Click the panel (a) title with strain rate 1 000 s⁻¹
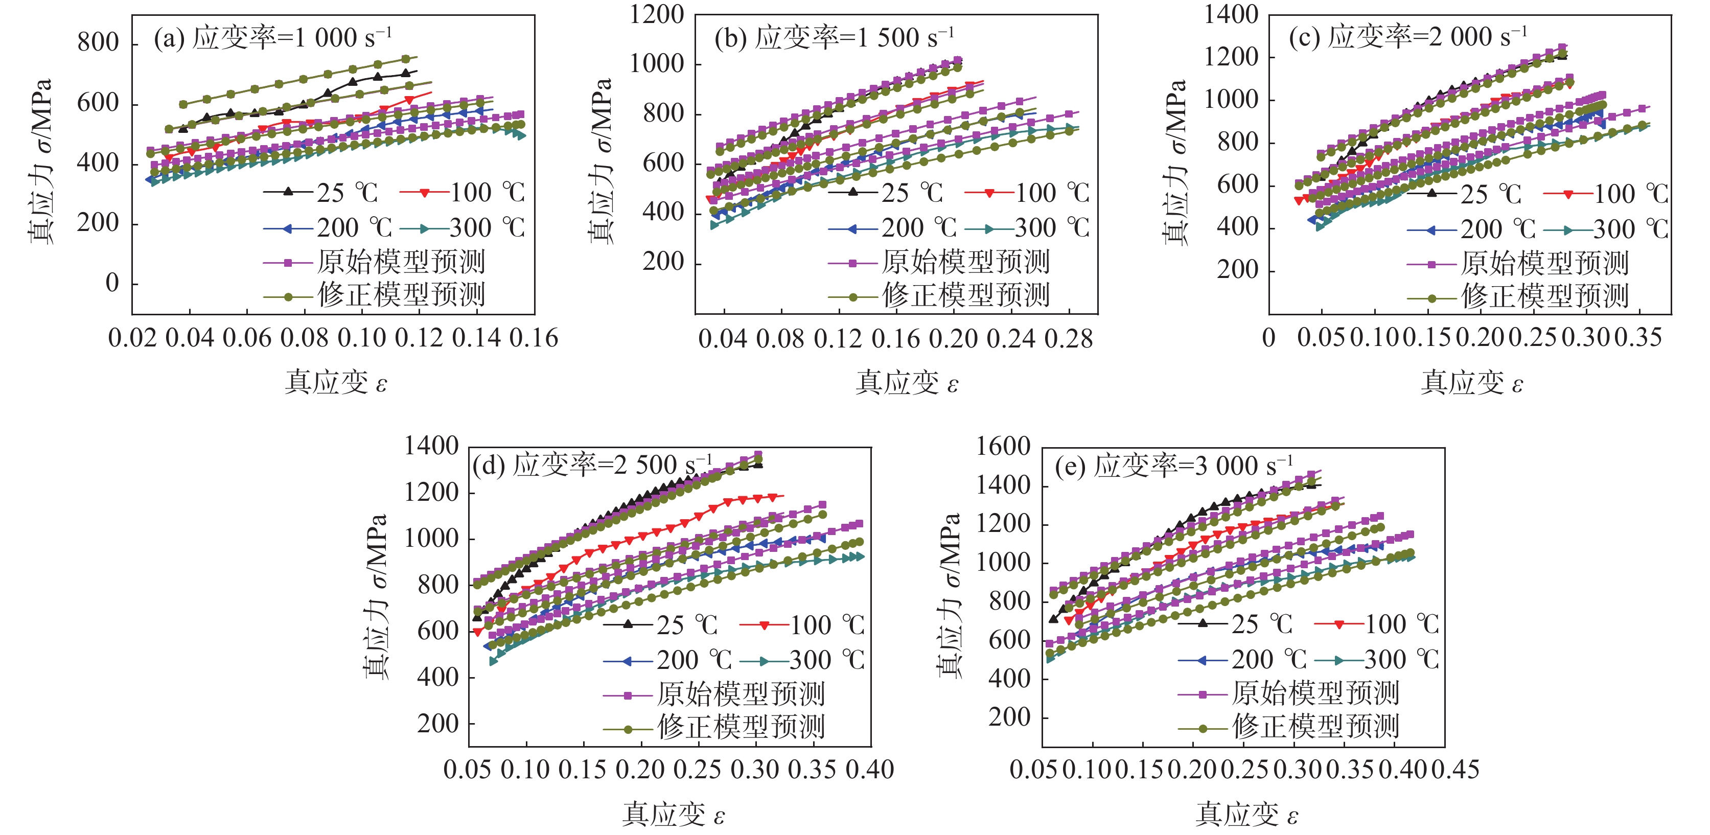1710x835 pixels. (x=273, y=38)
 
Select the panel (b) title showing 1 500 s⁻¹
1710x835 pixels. (x=835, y=38)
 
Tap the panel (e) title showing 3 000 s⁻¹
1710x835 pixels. (x=1173, y=466)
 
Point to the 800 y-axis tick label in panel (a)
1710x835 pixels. (x=98, y=42)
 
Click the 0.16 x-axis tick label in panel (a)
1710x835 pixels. (x=534, y=338)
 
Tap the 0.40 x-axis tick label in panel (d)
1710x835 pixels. (x=870, y=770)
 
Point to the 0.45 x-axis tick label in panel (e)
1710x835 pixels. (x=1455, y=770)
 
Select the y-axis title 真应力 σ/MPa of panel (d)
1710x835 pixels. (x=376, y=596)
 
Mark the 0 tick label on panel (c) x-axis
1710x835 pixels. (x=1268, y=338)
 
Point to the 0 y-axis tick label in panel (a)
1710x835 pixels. (x=112, y=284)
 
